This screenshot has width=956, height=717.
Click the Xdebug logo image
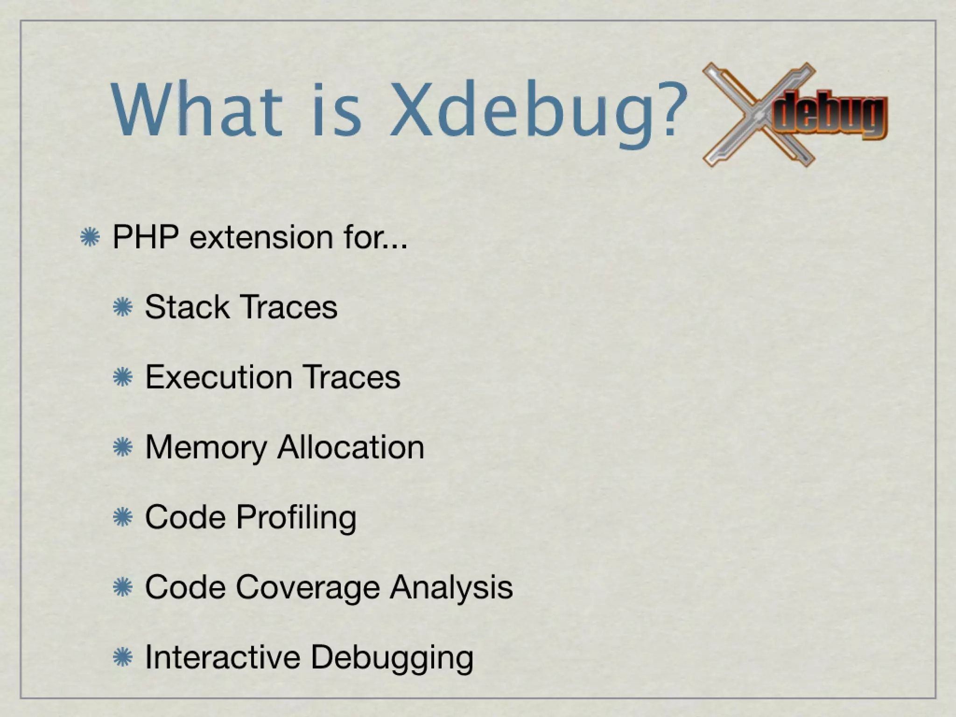coord(794,114)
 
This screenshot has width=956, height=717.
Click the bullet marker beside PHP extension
coord(89,238)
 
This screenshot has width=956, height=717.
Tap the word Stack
coord(187,307)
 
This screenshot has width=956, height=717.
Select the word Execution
coord(219,377)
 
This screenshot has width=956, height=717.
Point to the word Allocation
coord(351,447)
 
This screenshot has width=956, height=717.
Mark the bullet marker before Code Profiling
coord(123,518)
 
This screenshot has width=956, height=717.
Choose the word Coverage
coord(308,587)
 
